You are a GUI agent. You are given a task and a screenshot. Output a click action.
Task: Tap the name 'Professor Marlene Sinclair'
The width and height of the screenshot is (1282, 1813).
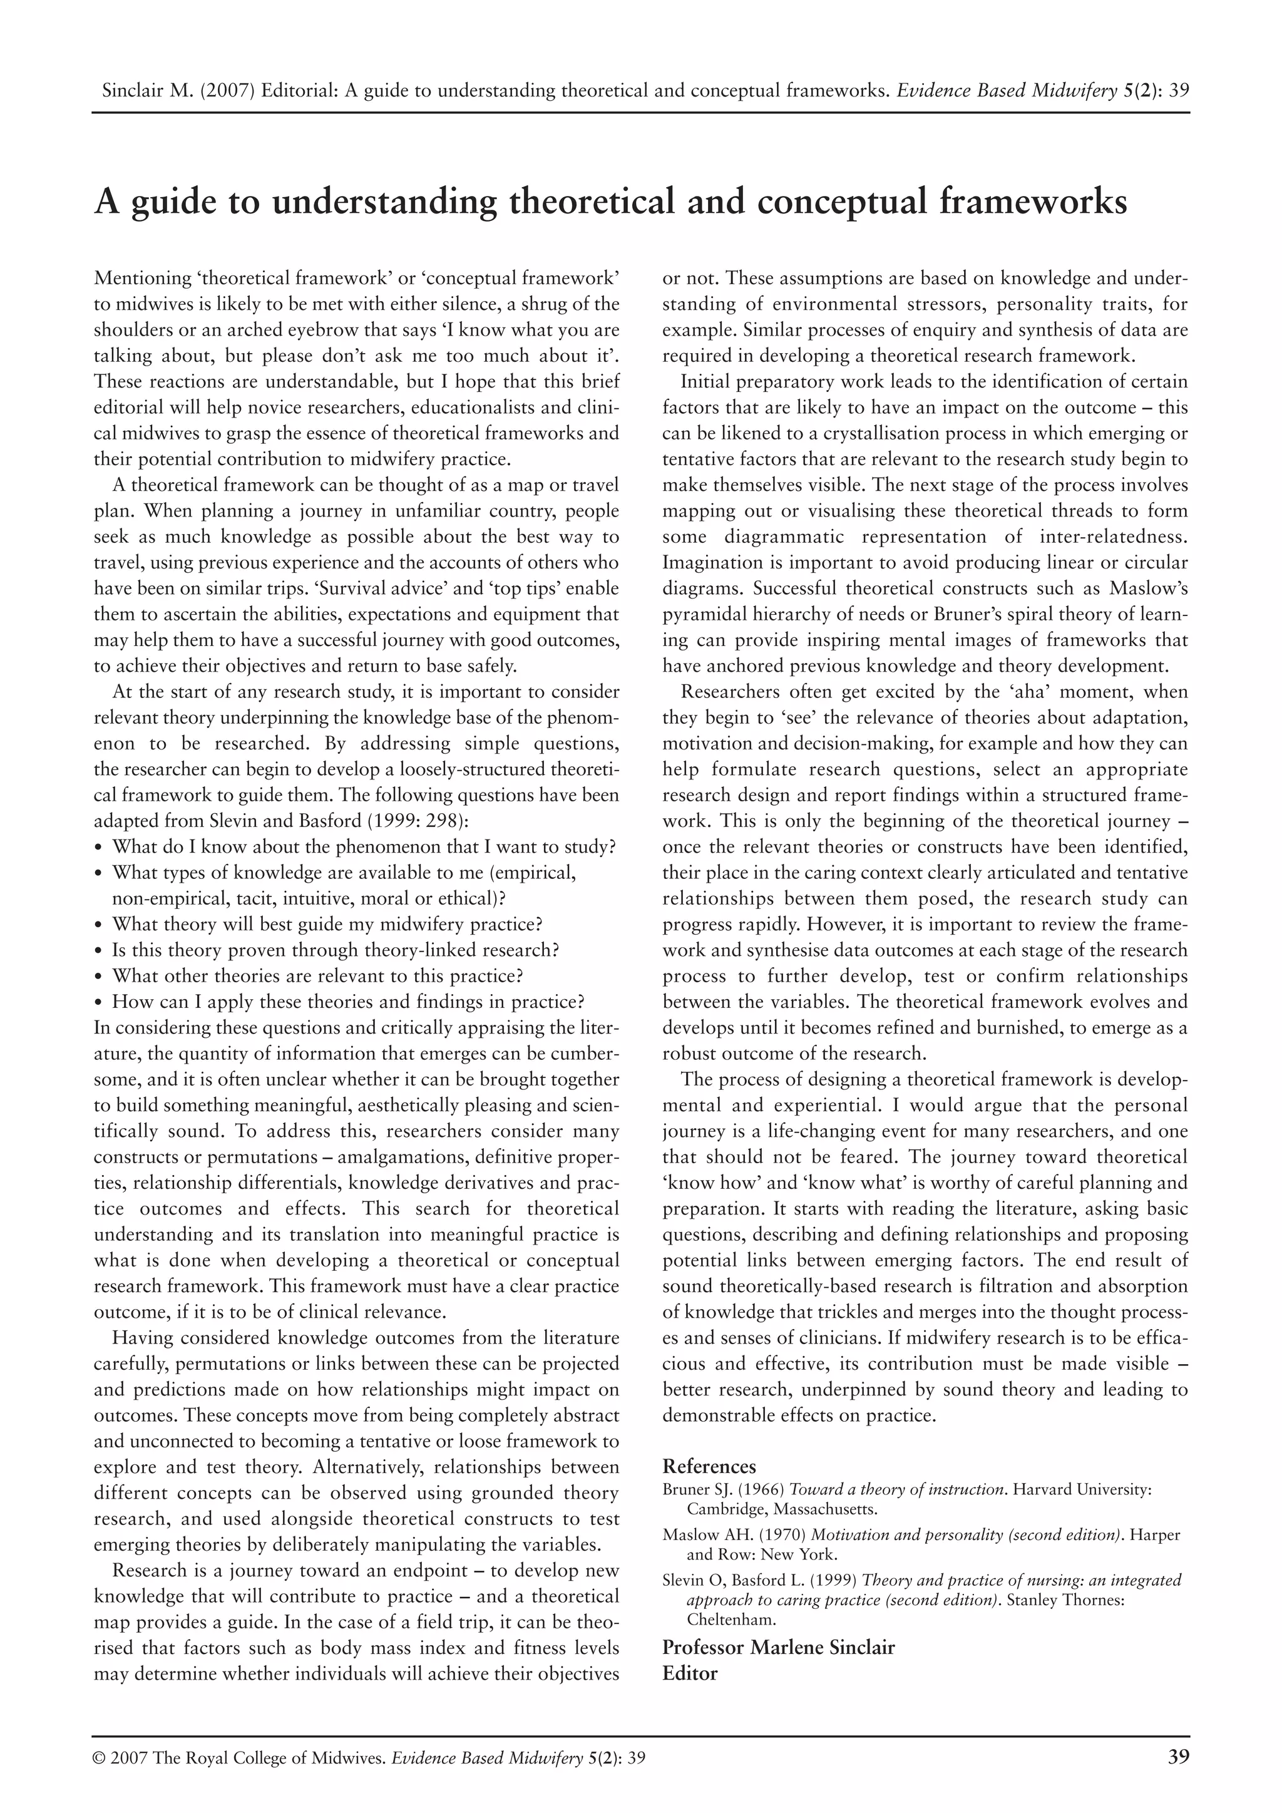tap(777, 1648)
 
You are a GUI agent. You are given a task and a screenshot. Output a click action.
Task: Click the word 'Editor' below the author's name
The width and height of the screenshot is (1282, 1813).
tap(689, 1673)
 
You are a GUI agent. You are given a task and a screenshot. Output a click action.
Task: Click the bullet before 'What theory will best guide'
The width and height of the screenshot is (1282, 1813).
tap(99, 925)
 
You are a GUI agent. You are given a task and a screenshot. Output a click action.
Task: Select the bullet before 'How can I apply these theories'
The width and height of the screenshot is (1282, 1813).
tap(99, 1003)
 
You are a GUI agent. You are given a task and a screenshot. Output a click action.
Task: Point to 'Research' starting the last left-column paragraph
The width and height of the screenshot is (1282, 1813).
tap(148, 1571)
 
